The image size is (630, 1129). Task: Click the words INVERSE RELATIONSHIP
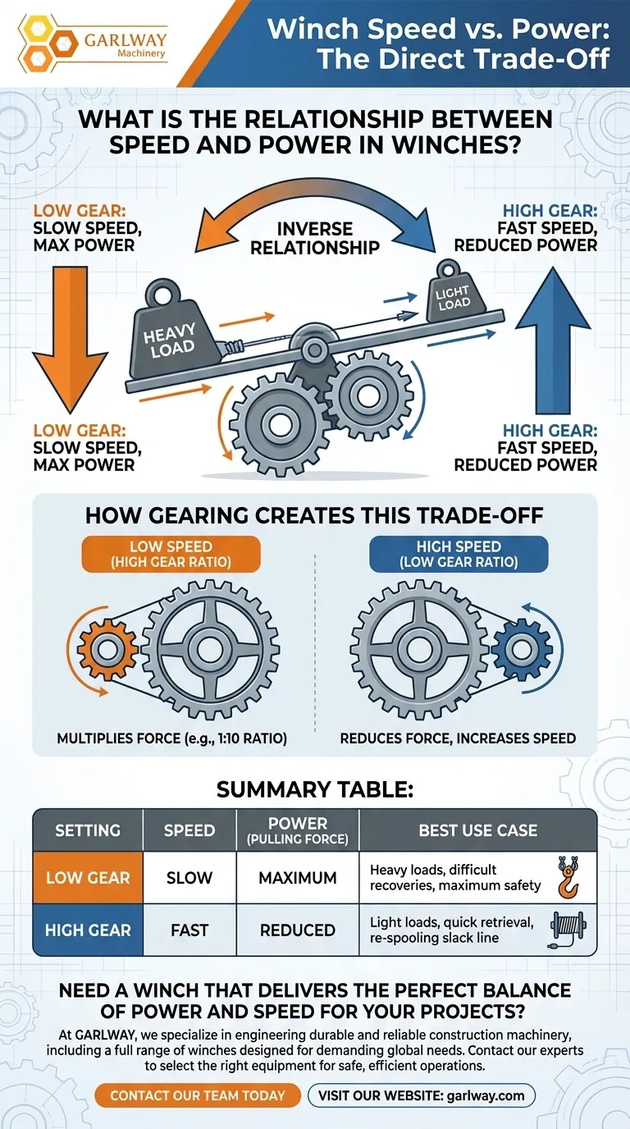pyautogui.click(x=315, y=236)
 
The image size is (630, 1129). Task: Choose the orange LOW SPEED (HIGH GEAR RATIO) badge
pyautogui.click(x=170, y=555)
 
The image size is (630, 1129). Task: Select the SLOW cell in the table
pyautogui.click(x=189, y=878)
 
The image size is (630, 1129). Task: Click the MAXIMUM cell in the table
pyautogui.click(x=298, y=878)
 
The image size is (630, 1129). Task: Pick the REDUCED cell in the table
pyautogui.click(x=298, y=930)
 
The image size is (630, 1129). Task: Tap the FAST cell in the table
pyautogui.click(x=189, y=930)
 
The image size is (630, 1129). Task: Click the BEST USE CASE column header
pyautogui.click(x=477, y=830)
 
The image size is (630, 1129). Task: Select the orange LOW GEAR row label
pyautogui.click(x=88, y=878)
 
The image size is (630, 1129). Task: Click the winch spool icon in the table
pyautogui.click(x=566, y=929)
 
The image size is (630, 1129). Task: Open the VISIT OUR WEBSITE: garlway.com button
pyautogui.click(x=421, y=1095)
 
